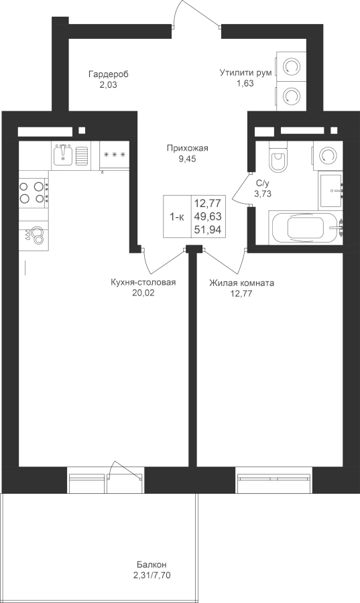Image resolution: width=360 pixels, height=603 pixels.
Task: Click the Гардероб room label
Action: pyautogui.click(x=108, y=74)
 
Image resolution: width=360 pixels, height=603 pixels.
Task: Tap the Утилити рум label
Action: pyautogui.click(x=246, y=72)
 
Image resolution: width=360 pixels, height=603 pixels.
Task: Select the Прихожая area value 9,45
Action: pyautogui.click(x=187, y=159)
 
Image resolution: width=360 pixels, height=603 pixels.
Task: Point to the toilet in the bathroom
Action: pyautogui.click(x=278, y=157)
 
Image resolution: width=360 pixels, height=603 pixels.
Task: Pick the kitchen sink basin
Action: pyautogui.click(x=63, y=154)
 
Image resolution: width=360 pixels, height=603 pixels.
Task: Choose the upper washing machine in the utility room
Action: pyautogui.click(x=291, y=67)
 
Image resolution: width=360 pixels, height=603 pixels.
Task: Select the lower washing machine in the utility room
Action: pyautogui.click(x=291, y=96)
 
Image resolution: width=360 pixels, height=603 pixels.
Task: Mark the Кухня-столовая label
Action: pyautogui.click(x=143, y=283)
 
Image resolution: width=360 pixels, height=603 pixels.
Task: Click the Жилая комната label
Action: pyautogui.click(x=241, y=283)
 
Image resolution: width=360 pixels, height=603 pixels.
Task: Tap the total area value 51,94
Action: pyautogui.click(x=208, y=230)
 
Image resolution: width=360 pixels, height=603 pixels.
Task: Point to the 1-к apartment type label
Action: pyautogui.click(x=177, y=217)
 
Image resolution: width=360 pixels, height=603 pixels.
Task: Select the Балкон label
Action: pyautogui.click(x=152, y=565)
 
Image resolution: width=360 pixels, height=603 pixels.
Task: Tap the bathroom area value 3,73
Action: pyautogui.click(x=263, y=194)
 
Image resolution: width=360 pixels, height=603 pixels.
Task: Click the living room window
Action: pyautogui.click(x=274, y=480)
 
